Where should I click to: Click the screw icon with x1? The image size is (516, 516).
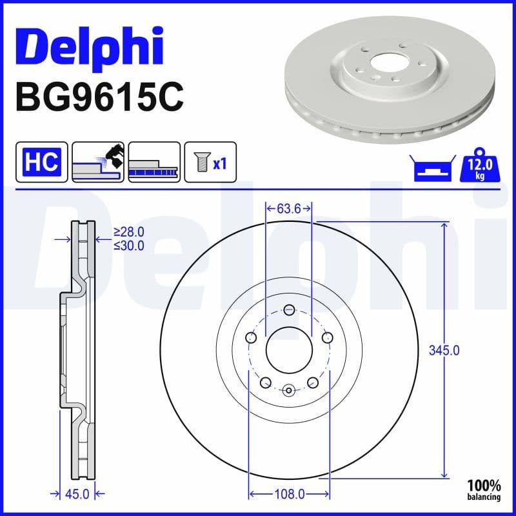210,161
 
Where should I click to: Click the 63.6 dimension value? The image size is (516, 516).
289,208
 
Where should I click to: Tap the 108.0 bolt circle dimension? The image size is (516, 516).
290,494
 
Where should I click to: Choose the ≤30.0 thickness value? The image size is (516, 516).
128,246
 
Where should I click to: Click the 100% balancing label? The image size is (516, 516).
484,488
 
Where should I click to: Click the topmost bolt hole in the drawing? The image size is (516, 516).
289,308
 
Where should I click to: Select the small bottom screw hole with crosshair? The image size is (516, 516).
289,390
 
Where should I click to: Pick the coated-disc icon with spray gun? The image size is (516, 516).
97,161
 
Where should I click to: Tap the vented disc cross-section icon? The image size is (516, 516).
154,161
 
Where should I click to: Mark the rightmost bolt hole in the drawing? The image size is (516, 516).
327,337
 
